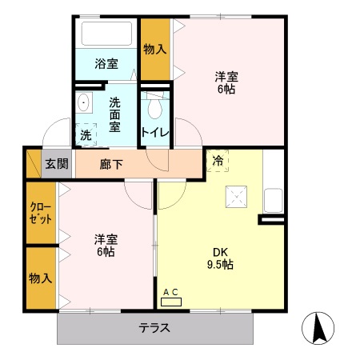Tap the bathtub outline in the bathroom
click(x=107, y=35)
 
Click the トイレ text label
click(x=154, y=133)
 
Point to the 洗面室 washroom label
click(x=115, y=114)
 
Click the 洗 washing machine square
click(x=86, y=135)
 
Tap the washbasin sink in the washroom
click(x=84, y=103)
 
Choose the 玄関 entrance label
click(x=56, y=164)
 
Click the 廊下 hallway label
click(x=111, y=164)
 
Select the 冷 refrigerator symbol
click(x=218, y=161)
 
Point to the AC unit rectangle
click(x=171, y=302)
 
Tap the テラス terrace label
click(x=154, y=328)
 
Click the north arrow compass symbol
click(x=318, y=328)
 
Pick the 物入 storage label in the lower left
click(x=40, y=278)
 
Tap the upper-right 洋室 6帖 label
click(x=226, y=83)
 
